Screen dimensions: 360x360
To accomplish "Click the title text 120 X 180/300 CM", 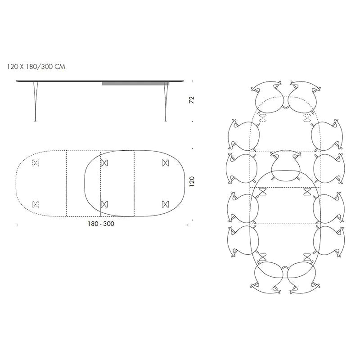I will (36, 66).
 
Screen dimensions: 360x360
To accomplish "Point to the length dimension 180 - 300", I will (101, 224).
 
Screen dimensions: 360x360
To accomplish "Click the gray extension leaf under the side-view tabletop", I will (135, 83).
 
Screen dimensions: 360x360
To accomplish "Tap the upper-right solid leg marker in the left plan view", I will (164, 163).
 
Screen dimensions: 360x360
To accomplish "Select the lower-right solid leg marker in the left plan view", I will (164, 204).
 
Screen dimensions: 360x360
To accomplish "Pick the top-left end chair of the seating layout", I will (268, 96).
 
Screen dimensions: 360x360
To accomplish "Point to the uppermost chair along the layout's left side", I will (243, 135).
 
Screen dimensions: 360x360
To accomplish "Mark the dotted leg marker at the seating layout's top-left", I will (263, 118).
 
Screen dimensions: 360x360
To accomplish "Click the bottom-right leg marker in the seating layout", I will (308, 257).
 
